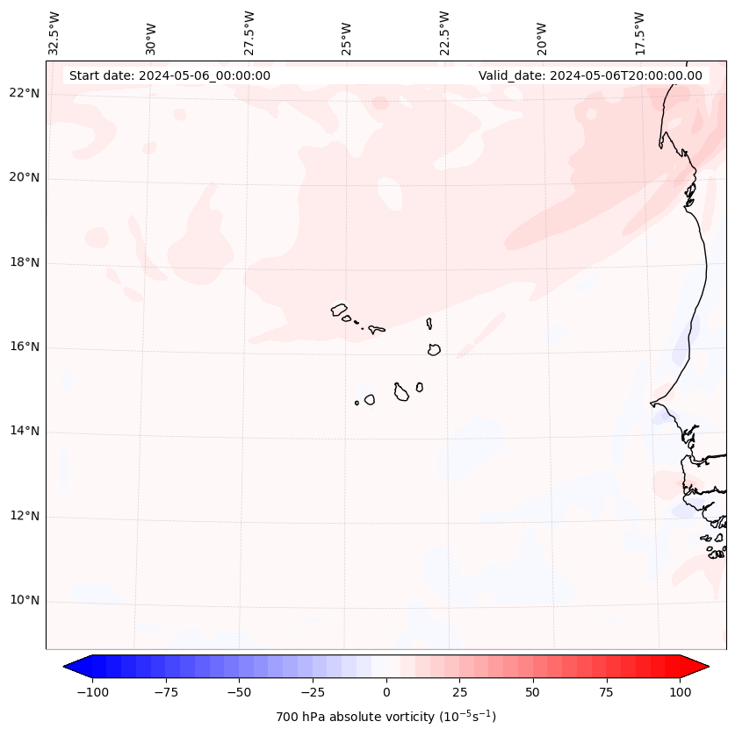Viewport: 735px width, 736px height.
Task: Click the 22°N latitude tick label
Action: pos(24,94)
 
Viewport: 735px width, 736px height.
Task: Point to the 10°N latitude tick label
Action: pos(24,601)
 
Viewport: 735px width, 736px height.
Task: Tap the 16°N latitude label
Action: pos(24,347)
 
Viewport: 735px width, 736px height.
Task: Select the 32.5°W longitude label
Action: pos(54,33)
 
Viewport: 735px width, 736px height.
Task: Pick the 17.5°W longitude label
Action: pos(639,33)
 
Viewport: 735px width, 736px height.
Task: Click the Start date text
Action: pos(169,75)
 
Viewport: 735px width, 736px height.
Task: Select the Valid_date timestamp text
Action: pos(590,75)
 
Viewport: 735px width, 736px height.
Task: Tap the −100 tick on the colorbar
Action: pos(92,692)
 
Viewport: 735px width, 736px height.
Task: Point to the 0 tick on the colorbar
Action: pos(386,692)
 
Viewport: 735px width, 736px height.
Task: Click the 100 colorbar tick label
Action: pos(680,692)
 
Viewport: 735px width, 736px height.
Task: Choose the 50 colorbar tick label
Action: pos(533,692)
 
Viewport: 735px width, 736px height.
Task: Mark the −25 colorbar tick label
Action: pos(313,692)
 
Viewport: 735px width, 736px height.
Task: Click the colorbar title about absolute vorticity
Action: pos(386,717)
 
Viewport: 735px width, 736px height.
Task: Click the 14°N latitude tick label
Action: pos(24,432)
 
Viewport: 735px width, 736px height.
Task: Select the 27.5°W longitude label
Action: pos(249,33)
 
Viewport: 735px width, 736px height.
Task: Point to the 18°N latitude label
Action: pos(24,263)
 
